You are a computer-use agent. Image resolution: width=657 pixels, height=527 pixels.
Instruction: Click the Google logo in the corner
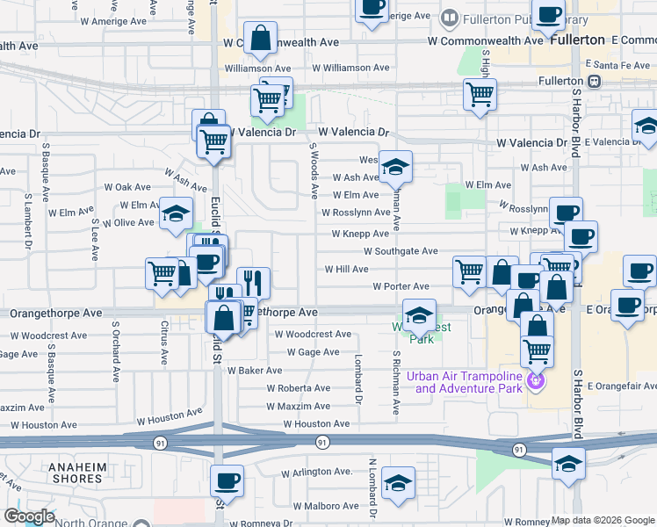coord(29,516)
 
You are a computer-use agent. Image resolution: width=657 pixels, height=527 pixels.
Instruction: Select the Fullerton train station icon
coord(595,81)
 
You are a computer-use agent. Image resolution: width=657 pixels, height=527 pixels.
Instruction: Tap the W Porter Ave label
coord(401,286)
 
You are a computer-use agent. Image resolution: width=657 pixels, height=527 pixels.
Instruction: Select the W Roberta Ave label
coord(299,388)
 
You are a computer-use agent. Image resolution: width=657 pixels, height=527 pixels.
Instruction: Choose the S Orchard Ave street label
coord(115,351)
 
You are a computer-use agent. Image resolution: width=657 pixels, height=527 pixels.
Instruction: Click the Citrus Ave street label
coord(164,343)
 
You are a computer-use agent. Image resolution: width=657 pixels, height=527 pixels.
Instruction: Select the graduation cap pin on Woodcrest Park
coord(420,315)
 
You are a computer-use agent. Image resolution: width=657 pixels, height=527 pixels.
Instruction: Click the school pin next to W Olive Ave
coord(176,213)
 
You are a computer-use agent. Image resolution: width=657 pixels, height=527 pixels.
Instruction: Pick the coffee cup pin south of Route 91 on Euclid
coord(227,481)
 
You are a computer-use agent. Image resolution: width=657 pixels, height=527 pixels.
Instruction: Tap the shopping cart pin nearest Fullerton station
coord(480,95)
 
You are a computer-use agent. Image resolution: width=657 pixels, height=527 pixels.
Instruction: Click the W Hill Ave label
coord(347,269)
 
